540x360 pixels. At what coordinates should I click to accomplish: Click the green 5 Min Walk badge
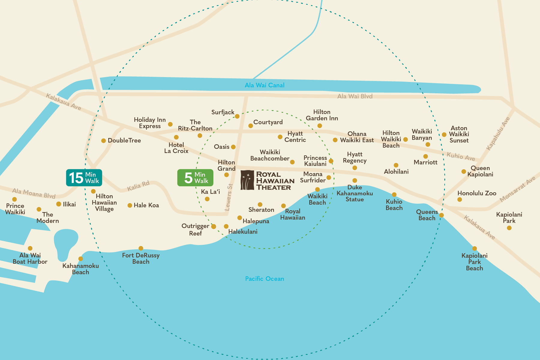195,178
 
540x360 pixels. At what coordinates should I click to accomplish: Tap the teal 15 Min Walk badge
84,178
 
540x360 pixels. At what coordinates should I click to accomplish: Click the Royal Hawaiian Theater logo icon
247,180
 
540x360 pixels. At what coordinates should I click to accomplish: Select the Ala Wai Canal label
264,85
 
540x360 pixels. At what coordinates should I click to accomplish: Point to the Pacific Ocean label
264,279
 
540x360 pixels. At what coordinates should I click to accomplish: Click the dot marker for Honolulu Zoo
460,199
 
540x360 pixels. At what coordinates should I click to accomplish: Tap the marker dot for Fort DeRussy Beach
141,248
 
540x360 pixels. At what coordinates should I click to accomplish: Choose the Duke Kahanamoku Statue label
355,193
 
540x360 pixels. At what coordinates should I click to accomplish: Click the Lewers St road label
229,197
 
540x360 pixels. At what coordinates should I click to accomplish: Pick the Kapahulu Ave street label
498,134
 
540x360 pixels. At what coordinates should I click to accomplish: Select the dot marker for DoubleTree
103,140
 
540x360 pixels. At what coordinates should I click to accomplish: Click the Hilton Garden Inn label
322,115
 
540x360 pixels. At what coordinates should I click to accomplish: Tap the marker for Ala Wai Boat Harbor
30,248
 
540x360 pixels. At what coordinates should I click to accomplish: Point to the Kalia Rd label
138,186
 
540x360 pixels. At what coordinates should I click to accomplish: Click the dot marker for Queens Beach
441,215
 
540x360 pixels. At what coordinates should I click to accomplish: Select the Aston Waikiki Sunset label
459,134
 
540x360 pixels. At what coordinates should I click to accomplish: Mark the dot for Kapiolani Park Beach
475,248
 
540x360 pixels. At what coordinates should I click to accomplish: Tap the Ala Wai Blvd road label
355,96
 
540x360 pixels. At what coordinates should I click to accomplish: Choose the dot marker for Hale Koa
130,205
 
